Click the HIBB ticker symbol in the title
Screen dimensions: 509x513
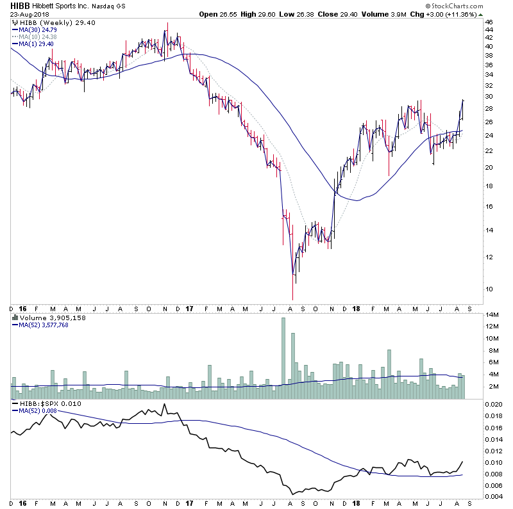coord(18,6)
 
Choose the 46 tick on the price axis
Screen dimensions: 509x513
coord(489,22)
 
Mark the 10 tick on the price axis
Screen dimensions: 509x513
coord(489,289)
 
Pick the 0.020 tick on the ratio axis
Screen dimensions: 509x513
coord(492,405)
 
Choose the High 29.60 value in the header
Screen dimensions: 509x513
coord(264,14)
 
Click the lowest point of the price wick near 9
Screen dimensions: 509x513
coord(292,300)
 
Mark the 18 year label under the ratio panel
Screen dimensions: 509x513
coord(357,504)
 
